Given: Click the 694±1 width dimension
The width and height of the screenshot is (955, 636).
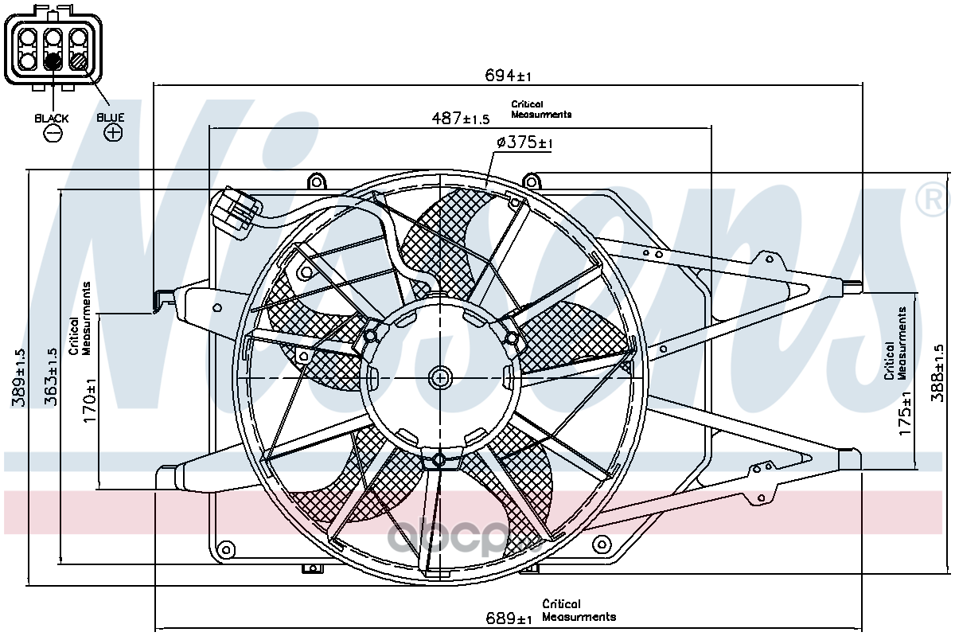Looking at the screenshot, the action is tap(508, 76).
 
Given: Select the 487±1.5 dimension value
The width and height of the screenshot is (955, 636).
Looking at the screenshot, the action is tap(461, 118).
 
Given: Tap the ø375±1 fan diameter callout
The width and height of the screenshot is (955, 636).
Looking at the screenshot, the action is tap(524, 142).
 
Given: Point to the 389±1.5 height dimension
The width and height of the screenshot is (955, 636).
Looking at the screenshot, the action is tap(18, 377).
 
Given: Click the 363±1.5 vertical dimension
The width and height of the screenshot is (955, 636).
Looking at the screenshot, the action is tap(50, 377).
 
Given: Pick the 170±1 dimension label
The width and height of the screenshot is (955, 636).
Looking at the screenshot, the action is tap(90, 400).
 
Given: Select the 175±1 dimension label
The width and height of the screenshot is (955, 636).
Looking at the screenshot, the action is tap(905, 413).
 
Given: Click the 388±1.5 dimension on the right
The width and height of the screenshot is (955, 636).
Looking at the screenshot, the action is tap(938, 373).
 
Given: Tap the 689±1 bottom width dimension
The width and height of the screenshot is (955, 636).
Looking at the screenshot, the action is tap(509, 618).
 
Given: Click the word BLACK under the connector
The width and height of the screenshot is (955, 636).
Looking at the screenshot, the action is tap(52, 118).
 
